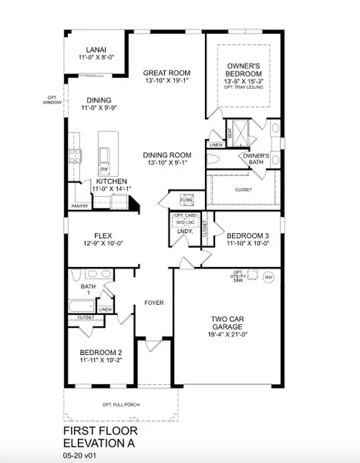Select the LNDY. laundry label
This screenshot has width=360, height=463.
[185, 231]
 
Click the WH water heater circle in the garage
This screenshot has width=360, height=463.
[268, 277]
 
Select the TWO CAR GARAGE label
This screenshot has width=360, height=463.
[228, 322]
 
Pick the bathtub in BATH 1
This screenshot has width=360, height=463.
[80, 306]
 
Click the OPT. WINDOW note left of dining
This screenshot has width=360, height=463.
[52, 99]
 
